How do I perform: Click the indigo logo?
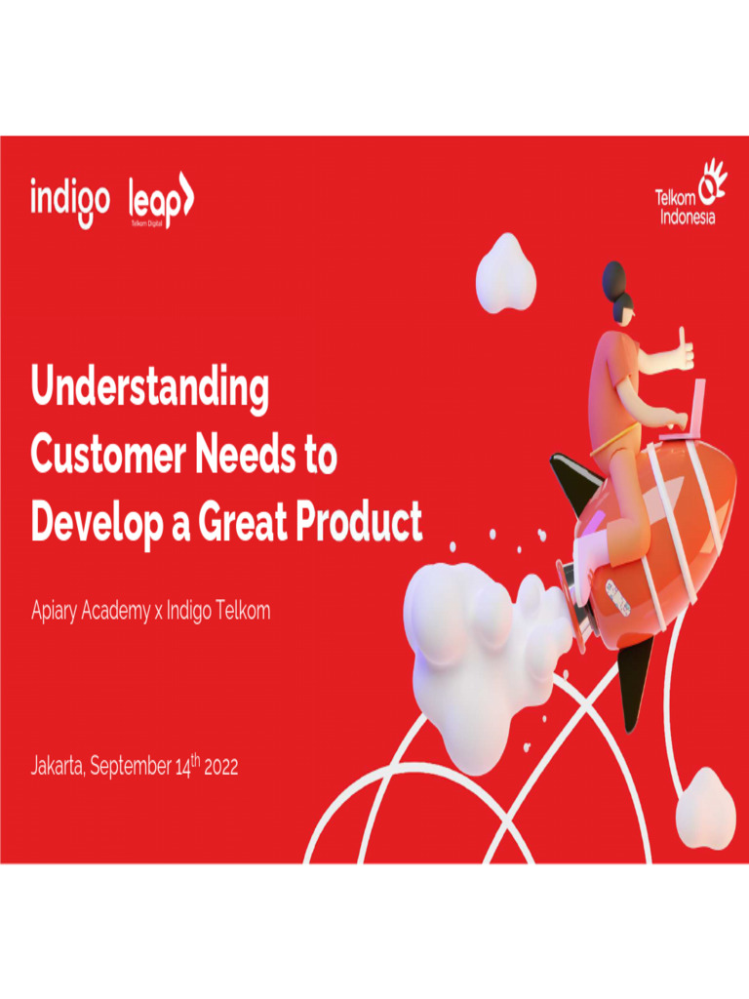(70, 201)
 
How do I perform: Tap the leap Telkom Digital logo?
(161, 200)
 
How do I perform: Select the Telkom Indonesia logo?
(691, 192)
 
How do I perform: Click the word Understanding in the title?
(150, 386)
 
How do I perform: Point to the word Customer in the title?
(108, 454)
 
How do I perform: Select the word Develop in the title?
(97, 523)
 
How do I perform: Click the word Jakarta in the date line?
(57, 765)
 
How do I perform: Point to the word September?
(131, 766)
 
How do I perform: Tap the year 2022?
(221, 767)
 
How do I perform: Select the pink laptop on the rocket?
(687, 413)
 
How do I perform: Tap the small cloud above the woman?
(506, 273)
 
